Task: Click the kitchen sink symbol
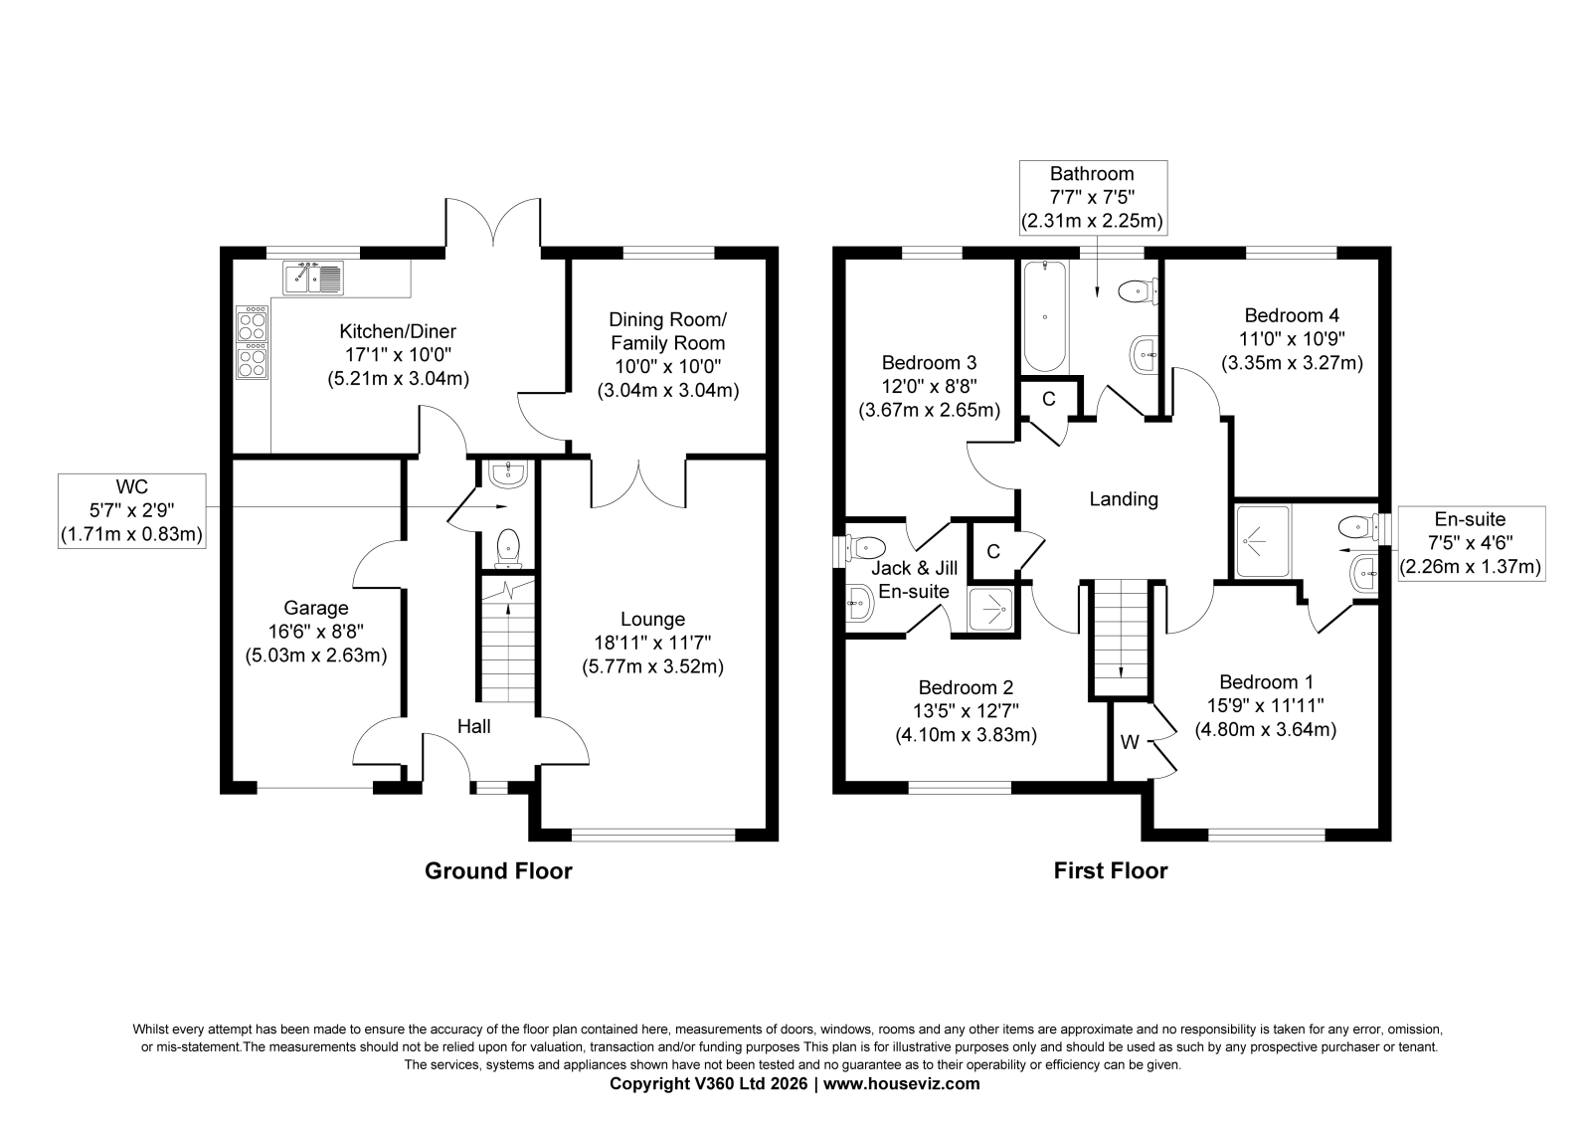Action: coord(312,278)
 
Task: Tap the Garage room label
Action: coord(316,609)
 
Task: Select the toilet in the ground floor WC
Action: coord(507,549)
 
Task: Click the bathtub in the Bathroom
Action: coord(1045,316)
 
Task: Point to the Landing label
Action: coord(1124,499)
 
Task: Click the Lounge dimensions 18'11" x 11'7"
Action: coord(652,644)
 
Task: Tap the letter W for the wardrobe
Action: coord(1130,743)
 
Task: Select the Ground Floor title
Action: coord(498,871)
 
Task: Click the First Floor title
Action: coord(1110,871)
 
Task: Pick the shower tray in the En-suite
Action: coord(1262,541)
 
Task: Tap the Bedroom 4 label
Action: coord(1292,315)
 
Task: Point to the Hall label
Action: coord(473,726)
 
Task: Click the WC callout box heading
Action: coord(132,486)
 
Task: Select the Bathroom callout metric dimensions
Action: coord(1093,222)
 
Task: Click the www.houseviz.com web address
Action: coord(901,1084)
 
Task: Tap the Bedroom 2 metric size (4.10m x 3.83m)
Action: coord(966,735)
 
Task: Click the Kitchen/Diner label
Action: coord(398,331)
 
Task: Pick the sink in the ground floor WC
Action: coord(508,474)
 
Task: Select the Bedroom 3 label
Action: coord(929,363)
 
